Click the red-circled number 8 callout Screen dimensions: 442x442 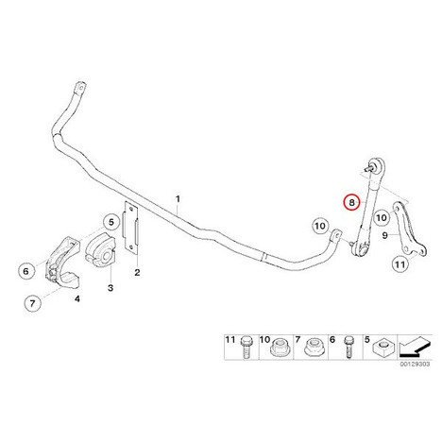click(x=351, y=202)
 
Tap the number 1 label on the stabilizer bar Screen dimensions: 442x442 click(x=178, y=199)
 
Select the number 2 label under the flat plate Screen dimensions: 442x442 click(x=137, y=272)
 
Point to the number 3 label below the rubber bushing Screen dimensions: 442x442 click(x=110, y=287)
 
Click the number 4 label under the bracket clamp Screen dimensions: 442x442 click(x=77, y=298)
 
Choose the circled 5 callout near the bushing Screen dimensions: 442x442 click(x=111, y=222)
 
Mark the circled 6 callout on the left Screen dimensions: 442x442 click(x=26, y=271)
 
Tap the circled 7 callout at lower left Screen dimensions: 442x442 click(x=33, y=303)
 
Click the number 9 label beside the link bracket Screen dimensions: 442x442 click(x=384, y=235)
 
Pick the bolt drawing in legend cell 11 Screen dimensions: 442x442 click(x=246, y=347)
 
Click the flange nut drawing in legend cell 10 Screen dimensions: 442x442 click(x=278, y=348)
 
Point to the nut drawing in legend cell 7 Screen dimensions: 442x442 click(x=313, y=348)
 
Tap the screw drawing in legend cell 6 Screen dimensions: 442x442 click(x=348, y=348)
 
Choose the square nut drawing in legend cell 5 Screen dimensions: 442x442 click(x=382, y=348)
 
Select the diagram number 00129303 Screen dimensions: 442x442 click(x=415, y=364)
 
